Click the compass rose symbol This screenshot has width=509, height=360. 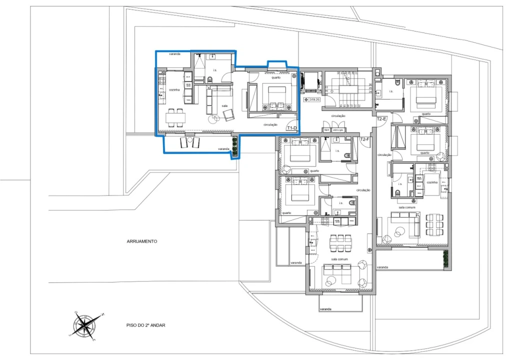point(85,326)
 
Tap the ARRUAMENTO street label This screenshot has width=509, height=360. point(142,241)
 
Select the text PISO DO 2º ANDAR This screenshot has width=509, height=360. point(145,325)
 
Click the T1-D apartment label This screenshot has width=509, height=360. point(292,128)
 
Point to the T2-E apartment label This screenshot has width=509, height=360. point(382,119)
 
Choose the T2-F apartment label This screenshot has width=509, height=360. point(364,139)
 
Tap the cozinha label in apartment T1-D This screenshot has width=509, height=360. point(174,89)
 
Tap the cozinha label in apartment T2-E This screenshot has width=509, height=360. point(431,182)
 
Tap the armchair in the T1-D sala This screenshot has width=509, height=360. point(228,115)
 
